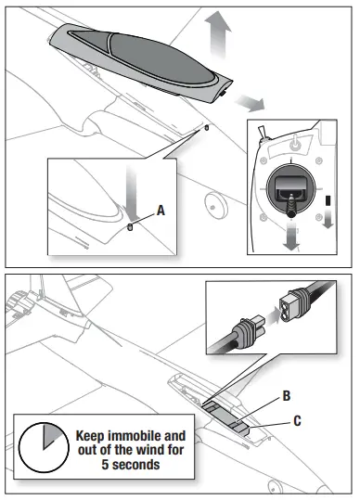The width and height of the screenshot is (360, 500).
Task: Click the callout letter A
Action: point(161,211)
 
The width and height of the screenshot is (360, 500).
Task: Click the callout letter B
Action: point(287,396)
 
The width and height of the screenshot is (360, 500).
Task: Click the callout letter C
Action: point(297,421)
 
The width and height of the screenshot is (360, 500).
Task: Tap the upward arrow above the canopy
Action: point(218,34)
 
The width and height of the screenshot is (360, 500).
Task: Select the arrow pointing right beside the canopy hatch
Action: point(250,103)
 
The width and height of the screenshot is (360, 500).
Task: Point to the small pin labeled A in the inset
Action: point(130,227)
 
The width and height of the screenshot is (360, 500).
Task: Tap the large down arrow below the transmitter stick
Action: point(290,237)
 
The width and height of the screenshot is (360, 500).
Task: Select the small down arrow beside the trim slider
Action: point(328,219)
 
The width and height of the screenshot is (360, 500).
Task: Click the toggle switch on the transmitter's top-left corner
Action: point(263,134)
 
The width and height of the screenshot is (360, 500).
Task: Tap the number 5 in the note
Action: point(105,464)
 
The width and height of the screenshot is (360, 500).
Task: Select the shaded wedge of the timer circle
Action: point(52,435)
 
